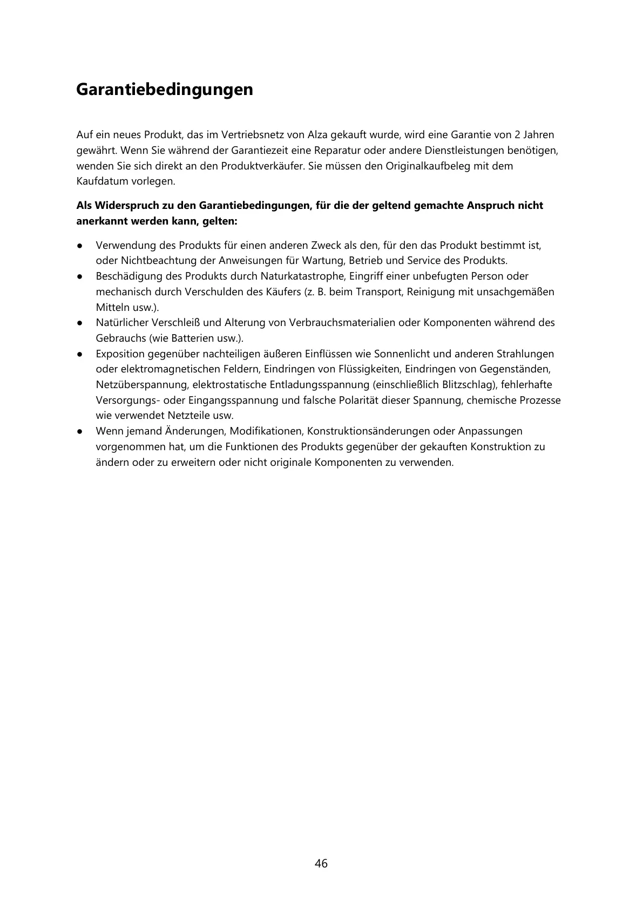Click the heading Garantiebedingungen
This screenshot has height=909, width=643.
coord(164,89)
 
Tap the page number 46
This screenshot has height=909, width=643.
coord(321,863)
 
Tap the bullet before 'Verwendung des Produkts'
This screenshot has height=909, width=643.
coord(79,246)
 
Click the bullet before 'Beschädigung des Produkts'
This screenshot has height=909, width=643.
coord(79,276)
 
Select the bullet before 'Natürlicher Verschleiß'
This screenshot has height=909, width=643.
coord(79,323)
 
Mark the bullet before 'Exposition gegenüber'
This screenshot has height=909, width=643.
coord(79,354)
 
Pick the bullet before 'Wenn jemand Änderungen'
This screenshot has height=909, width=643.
coord(79,431)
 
